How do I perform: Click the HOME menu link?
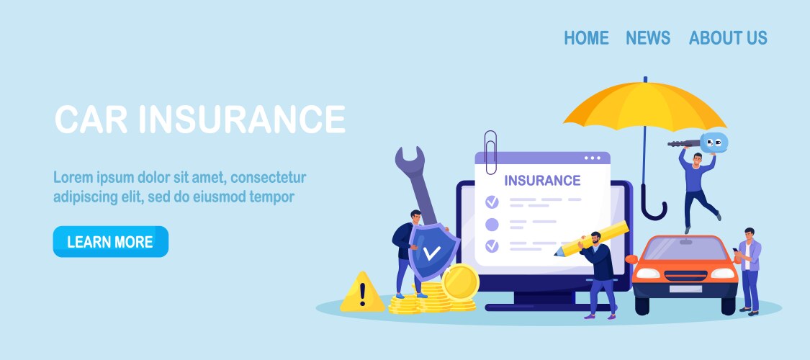tap(586, 38)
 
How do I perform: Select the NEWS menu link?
tap(647, 38)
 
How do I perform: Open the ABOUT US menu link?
tap(728, 38)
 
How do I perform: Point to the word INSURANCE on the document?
tap(542, 180)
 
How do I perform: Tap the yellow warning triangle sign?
tap(362, 293)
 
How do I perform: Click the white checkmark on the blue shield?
tap(431, 253)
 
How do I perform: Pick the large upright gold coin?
tap(460, 282)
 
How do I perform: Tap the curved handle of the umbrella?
tap(654, 209)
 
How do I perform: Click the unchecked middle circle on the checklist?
tap(492, 224)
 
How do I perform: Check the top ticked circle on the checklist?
tap(492, 202)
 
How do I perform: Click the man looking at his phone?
tap(749, 266)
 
